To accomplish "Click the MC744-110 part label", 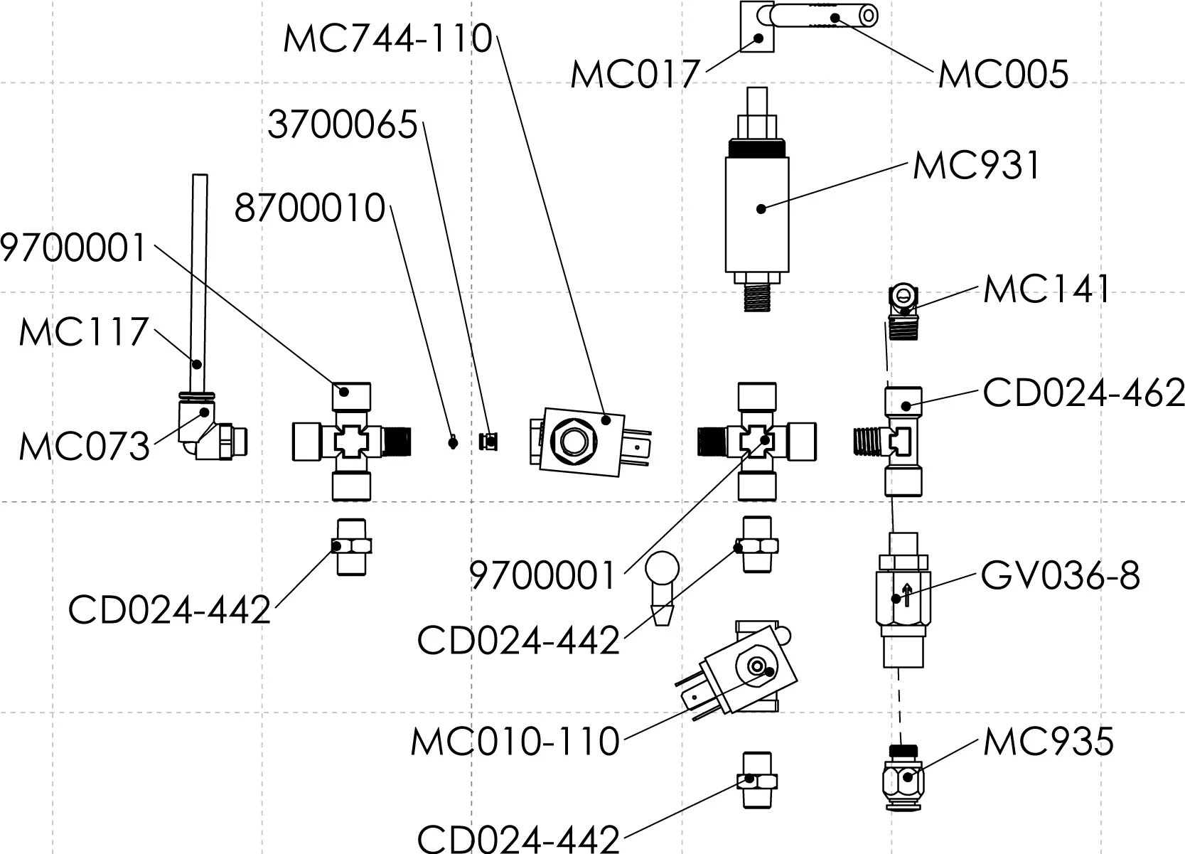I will pyautogui.click(x=387, y=38).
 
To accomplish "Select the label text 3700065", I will pyautogui.click(x=342, y=126).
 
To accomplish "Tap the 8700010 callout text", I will pyautogui.click(x=310, y=209).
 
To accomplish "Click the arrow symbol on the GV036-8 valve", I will pyautogui.click(x=906, y=594).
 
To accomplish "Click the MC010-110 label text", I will pyautogui.click(x=515, y=742).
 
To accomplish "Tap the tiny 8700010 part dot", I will pyautogui.click(x=451, y=444).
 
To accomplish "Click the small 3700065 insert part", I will pyautogui.click(x=488, y=442).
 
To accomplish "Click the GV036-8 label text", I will pyautogui.click(x=1060, y=576).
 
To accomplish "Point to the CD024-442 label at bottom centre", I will pyautogui.click(x=518, y=838).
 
